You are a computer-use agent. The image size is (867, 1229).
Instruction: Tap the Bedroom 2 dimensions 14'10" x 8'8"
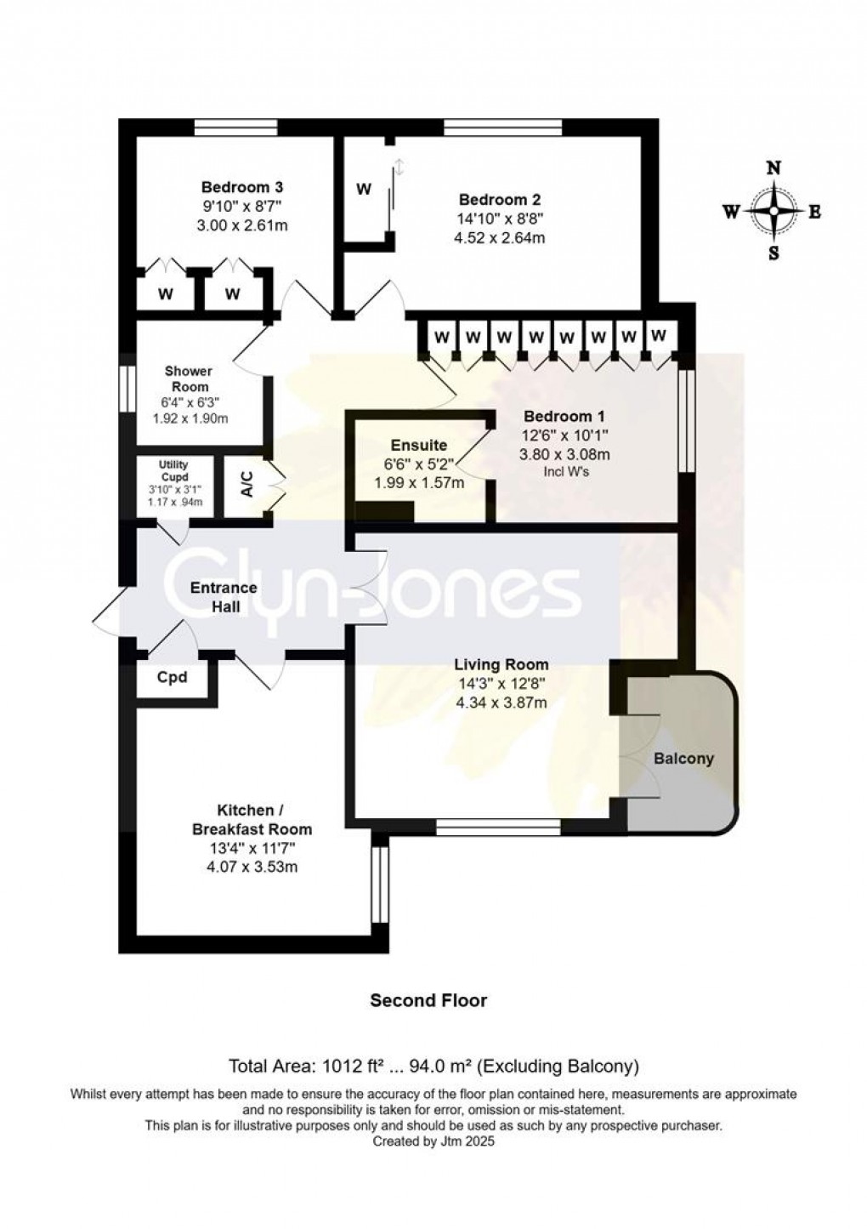pos(499,219)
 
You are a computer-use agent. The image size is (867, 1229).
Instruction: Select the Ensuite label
pos(418,446)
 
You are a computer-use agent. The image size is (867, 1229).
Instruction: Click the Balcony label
pos(683,759)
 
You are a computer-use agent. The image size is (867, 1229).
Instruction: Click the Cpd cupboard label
pos(172,678)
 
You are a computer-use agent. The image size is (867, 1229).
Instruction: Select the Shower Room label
pos(188,378)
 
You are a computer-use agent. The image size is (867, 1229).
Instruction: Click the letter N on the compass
pos(773,168)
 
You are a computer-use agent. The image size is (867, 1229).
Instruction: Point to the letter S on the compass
pos(773,253)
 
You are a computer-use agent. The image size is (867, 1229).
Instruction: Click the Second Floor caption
pos(428,1001)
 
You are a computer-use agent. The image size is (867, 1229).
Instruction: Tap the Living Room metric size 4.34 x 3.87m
pos(501,703)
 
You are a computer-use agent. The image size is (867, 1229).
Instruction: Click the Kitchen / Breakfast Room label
pos(252,820)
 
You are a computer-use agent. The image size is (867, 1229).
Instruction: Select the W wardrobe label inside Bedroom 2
pos(364,189)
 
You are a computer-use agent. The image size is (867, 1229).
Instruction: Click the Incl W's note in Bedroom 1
pos(564,472)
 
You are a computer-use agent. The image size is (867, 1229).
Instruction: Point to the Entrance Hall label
pos(224,597)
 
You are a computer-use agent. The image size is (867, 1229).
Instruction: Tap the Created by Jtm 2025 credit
pos(433,1142)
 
